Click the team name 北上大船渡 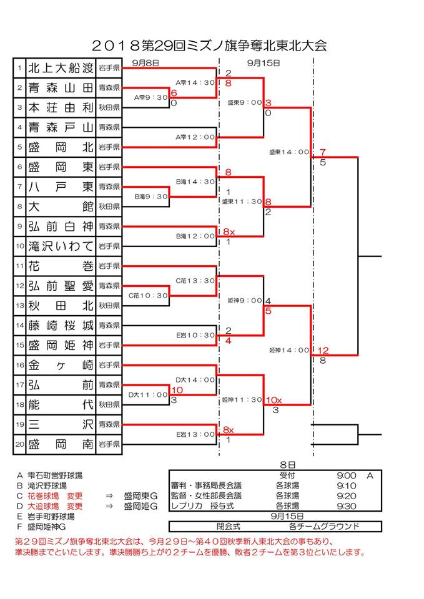[61, 67]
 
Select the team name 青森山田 [61, 87]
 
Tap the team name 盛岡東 [61, 167]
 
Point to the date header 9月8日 [146, 62]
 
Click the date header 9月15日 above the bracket [264, 62]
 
